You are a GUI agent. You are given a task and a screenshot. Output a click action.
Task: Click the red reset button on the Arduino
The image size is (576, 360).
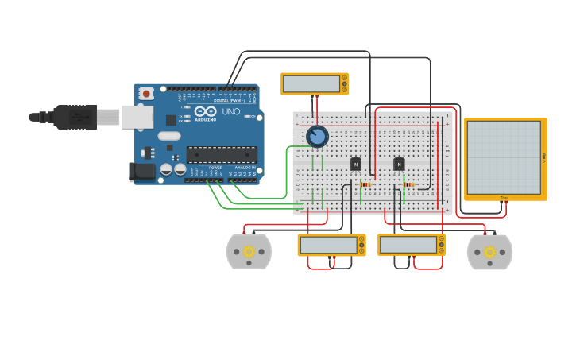point(145,94)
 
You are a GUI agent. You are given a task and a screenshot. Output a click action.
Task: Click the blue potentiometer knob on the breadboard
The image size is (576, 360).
point(317,137)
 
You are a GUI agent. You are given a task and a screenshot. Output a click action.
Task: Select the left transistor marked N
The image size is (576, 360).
point(356,164)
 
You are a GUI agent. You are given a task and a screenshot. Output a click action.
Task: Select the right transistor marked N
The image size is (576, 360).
point(399,164)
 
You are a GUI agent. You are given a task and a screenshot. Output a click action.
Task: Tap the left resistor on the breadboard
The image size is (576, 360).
point(365,184)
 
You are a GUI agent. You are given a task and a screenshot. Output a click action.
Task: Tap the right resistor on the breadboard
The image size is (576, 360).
point(408,184)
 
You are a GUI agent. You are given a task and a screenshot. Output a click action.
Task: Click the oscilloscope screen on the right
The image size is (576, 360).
point(504,157)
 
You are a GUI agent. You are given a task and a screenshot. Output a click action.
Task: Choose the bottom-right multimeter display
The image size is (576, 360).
point(408,245)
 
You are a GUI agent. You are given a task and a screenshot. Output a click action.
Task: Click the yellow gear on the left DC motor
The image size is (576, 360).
point(249,253)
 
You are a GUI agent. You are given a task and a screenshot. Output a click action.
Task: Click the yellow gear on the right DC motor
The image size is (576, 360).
point(489,253)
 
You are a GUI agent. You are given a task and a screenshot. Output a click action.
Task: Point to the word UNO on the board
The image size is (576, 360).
point(230,112)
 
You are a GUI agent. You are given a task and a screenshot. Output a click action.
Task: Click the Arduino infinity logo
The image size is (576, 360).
point(205,111)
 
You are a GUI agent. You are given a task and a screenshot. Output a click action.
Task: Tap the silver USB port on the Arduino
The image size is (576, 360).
point(137,116)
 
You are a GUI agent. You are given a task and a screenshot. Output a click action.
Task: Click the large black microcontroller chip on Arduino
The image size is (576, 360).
point(222,155)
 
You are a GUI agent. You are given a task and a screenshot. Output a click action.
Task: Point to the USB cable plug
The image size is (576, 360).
point(76,116)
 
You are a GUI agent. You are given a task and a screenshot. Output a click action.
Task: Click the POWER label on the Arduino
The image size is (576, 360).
point(215,168)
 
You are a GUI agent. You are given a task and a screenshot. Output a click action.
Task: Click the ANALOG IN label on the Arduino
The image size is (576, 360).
point(245,168)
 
